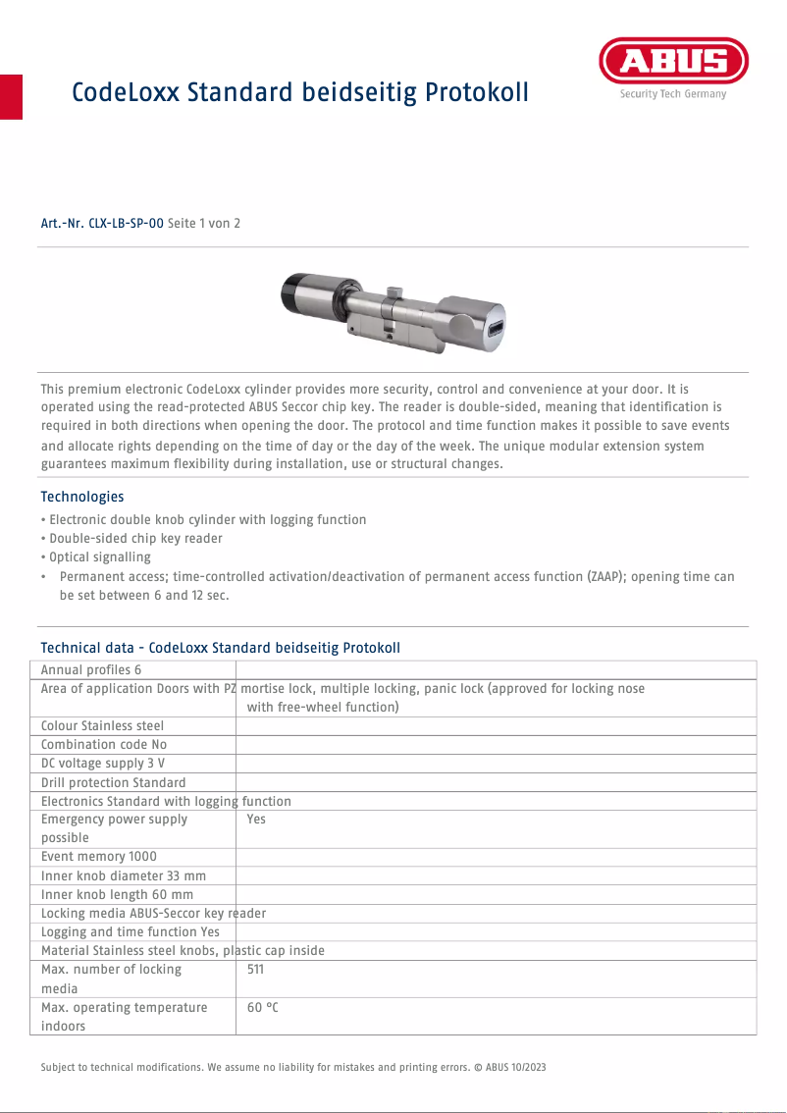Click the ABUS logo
pos(672,63)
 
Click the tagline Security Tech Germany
pos(672,94)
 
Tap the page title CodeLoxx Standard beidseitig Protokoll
pos(300,92)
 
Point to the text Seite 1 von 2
pos(204,224)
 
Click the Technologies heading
pos(82,497)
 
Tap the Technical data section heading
pos(220,648)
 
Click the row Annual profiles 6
pos(91,669)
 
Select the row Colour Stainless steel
pos(102,726)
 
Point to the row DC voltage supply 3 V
pos(103,764)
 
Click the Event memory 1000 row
pos(98,857)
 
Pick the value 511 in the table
pos(255,970)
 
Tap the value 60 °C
pos(263,1008)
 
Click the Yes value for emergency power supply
pos(256,820)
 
